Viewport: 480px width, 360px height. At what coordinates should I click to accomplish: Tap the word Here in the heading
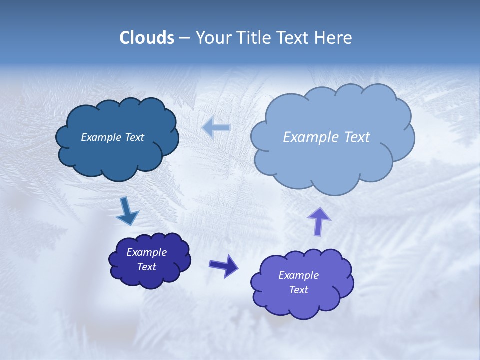[x=334, y=38]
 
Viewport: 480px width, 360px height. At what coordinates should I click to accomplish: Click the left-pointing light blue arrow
[x=216, y=128]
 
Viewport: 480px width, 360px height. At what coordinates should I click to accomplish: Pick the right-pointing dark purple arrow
[x=223, y=265]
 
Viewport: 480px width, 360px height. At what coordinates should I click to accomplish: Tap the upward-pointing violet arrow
[x=319, y=221]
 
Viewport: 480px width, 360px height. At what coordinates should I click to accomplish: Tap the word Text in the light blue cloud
[x=356, y=137]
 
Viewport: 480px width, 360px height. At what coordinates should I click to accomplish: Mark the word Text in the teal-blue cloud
[x=134, y=137]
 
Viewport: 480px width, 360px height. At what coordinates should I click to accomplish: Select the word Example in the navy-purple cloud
[x=147, y=252]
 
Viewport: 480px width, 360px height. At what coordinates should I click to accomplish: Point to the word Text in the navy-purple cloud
[x=147, y=267]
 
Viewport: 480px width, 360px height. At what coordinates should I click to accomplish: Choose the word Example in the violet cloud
[x=299, y=275]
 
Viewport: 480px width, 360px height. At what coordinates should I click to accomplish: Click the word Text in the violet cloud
[x=299, y=290]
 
